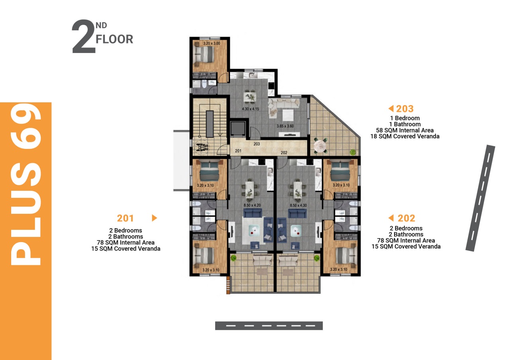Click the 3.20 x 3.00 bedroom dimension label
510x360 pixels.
click(x=212, y=43)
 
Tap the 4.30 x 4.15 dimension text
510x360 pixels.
click(x=251, y=109)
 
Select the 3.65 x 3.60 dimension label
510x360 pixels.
click(x=285, y=126)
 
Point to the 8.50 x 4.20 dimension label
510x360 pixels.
click(x=252, y=205)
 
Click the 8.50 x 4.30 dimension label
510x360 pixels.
click(x=298, y=205)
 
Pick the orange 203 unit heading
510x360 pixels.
click(x=404, y=109)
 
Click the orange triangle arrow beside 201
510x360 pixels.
click(x=154, y=218)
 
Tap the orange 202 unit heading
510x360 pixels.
click(x=406, y=218)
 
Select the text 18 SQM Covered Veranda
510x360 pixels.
click(x=405, y=136)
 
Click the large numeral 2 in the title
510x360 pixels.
click(x=84, y=37)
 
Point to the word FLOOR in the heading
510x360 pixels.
click(x=114, y=39)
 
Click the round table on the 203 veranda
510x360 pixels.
click(x=320, y=145)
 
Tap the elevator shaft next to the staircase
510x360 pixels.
click(x=238, y=129)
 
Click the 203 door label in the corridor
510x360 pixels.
click(x=257, y=144)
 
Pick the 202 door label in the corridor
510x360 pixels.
click(x=284, y=153)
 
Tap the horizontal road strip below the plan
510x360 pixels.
click(x=269, y=326)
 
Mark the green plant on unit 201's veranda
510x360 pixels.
click(x=233, y=258)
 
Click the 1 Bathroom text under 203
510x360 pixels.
click(x=405, y=124)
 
